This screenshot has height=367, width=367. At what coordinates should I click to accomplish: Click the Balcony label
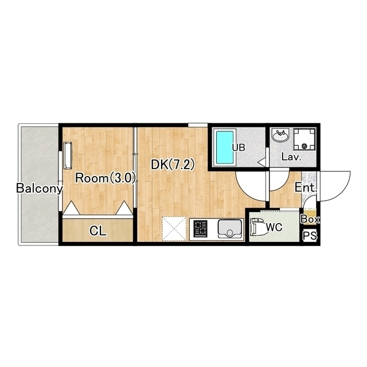click(40, 189)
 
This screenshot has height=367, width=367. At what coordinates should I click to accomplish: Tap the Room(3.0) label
click(106, 178)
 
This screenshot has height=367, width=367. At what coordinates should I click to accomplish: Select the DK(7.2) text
click(173, 165)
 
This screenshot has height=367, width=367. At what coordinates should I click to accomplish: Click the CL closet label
click(98, 231)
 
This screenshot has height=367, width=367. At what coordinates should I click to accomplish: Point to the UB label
click(239, 147)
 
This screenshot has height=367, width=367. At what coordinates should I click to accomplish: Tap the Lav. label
click(291, 157)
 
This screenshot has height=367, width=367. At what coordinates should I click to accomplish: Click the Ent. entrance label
click(306, 188)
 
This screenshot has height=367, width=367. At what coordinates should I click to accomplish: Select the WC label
click(274, 227)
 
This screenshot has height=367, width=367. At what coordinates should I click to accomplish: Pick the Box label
click(310, 220)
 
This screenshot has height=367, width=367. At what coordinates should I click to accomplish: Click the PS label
click(310, 236)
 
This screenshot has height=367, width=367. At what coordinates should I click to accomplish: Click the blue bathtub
click(224, 147)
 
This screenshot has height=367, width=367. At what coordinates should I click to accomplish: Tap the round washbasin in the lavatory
click(280, 136)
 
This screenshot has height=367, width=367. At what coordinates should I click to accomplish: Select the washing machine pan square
click(304, 139)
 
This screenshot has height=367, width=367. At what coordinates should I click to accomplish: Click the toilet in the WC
click(258, 227)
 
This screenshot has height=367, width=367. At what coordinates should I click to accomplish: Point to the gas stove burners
click(200, 229)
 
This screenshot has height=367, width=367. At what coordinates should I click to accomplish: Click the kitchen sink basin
click(229, 229)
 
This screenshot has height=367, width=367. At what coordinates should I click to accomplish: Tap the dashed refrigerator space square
click(174, 229)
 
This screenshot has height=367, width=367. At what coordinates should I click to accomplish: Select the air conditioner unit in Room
click(68, 155)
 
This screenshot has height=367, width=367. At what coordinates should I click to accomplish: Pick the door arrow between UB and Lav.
click(261, 162)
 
